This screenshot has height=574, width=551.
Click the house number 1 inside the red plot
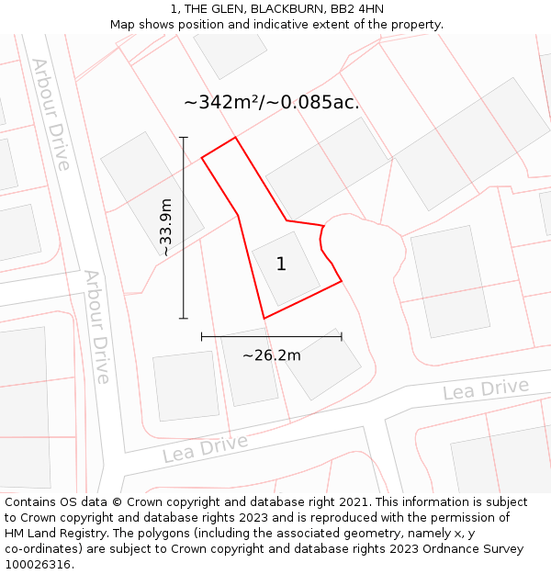pyautogui.click(x=281, y=264)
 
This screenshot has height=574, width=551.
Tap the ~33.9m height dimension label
pyautogui.click(x=165, y=227)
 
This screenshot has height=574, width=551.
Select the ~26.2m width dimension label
pyautogui.click(x=272, y=355)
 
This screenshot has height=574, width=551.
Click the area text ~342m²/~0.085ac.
pyautogui.click(x=272, y=102)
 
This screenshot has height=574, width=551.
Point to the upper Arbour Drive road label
pyautogui.click(x=51, y=114)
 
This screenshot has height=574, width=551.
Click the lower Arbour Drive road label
pyautogui.click(x=97, y=326)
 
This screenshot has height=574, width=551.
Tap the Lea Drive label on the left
pyautogui.click(x=205, y=448)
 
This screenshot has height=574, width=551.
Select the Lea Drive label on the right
pyautogui.click(x=486, y=389)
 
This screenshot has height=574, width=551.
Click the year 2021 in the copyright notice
pyautogui.click(x=354, y=502)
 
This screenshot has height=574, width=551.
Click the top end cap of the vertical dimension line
pyautogui.click(x=184, y=138)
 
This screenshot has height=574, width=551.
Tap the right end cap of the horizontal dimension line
pyautogui.click(x=342, y=337)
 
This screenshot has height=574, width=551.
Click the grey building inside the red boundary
pyautogui.click(x=286, y=269)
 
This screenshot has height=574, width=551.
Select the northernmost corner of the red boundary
pyautogui.click(x=236, y=138)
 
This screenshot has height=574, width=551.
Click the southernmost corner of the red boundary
pyautogui.click(x=264, y=319)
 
